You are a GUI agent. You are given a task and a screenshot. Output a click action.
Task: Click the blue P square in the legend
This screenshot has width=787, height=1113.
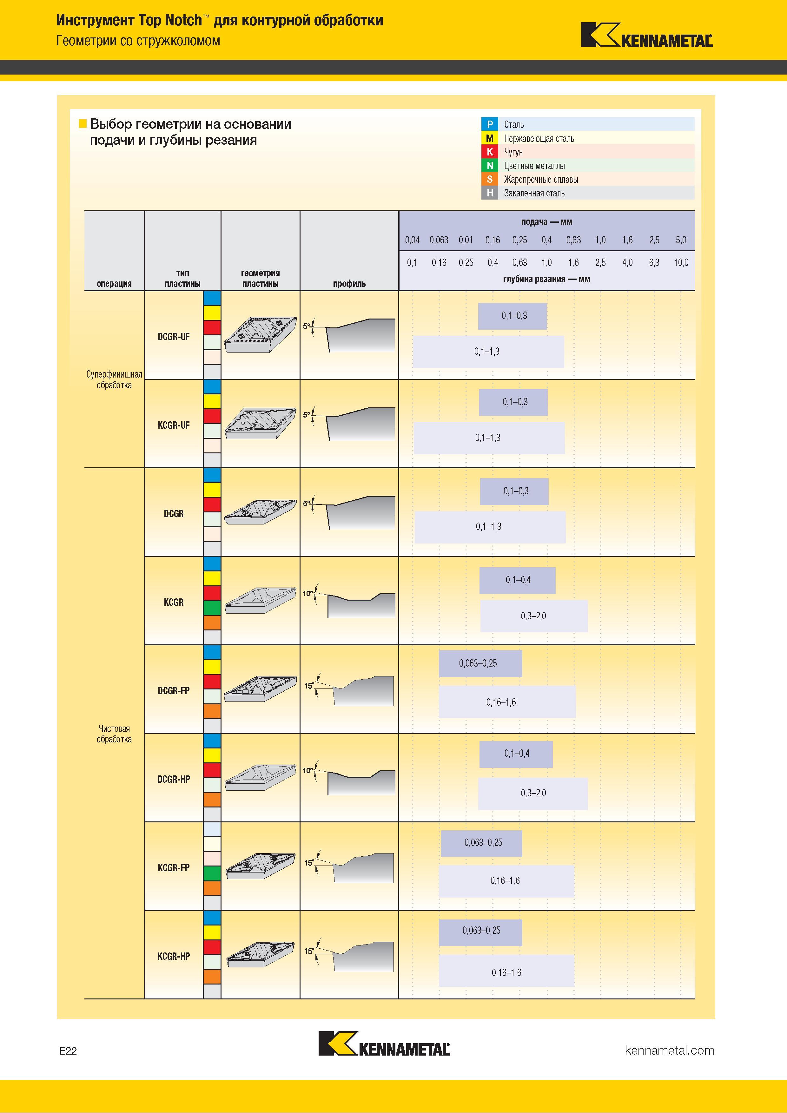490,124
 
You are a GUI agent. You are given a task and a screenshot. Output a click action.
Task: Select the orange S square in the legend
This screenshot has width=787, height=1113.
490,179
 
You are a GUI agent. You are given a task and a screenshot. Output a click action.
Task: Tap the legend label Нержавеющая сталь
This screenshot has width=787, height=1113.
539,139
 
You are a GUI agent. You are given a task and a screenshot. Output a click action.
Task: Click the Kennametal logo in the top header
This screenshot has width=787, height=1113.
646,35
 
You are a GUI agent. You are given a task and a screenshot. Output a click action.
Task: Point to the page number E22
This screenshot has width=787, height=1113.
68,1051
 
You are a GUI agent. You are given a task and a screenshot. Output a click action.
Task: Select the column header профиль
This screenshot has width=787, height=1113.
349,284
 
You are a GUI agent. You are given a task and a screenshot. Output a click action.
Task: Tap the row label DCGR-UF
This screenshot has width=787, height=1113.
174,336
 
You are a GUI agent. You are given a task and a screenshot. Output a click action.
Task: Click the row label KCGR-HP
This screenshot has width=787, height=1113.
174,956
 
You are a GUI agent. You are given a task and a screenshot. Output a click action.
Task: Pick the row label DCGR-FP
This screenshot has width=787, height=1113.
174,690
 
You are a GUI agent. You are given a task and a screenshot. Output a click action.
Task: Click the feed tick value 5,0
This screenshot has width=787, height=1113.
681,240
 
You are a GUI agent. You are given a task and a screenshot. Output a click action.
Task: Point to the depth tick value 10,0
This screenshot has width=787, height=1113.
681,262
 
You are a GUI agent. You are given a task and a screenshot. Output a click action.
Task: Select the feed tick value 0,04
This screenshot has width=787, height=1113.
412,240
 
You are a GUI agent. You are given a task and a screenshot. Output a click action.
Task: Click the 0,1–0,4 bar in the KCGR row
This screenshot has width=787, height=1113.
517,580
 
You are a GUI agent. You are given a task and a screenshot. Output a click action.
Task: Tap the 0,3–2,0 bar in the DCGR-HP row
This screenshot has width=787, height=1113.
533,794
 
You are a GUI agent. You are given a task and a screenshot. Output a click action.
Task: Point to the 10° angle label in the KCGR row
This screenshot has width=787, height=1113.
308,593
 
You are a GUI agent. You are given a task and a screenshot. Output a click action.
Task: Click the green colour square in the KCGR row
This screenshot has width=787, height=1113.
212,608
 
